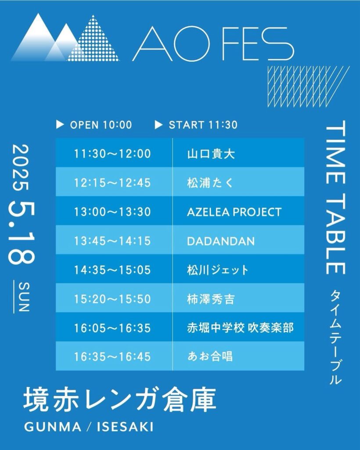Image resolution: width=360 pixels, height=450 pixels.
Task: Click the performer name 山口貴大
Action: pos(211,154)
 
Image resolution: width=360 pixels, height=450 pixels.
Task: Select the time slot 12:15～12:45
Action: pos(112,183)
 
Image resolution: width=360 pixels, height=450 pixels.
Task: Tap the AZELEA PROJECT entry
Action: pos(234,212)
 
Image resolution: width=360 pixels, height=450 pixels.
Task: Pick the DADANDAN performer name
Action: pos(221,241)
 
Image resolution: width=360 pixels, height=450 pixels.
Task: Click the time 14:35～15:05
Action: pos(112,270)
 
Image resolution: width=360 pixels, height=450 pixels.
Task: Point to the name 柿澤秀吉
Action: pos(211,299)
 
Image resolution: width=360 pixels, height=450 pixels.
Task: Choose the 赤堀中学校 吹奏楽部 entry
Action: pos(241,328)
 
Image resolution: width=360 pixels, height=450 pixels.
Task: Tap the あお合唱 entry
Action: pos(210,357)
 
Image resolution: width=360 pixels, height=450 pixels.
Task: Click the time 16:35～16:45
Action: pos(112,357)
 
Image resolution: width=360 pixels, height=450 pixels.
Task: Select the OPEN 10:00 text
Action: pos(101,125)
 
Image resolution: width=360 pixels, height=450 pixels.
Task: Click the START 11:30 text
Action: pos(203,125)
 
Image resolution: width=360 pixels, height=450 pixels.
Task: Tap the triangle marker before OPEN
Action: pos(60,124)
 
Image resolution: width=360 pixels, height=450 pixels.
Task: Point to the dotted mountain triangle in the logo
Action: pos(93,38)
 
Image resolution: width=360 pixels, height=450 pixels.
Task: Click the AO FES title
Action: pos(213,44)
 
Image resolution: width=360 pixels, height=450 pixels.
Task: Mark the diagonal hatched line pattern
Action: pos(308,87)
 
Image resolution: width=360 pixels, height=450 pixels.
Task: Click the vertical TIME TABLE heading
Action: pos(336,197)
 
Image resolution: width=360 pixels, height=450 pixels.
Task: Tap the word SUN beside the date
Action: pos(24,297)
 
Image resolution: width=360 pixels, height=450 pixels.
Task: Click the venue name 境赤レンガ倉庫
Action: pos(120,400)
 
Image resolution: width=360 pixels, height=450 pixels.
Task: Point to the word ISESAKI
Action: pos(125,427)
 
